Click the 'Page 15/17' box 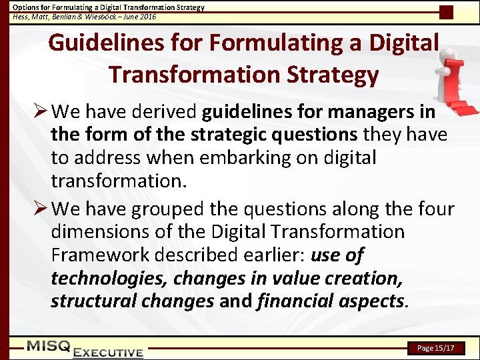pyautogui.click(x=435, y=348)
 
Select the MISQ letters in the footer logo pyautogui.click(x=48, y=345)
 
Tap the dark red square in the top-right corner pyautogui.click(x=446, y=12)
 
